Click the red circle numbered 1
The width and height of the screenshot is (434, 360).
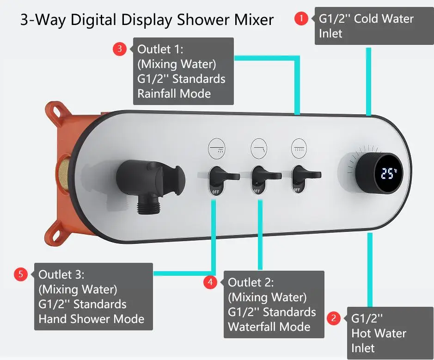pos(301,19)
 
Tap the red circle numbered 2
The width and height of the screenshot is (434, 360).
pos(333,318)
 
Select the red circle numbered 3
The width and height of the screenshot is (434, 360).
pos(120,49)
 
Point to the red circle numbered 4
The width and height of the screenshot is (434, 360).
pos(210,282)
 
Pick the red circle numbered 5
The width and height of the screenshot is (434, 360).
pos(21,274)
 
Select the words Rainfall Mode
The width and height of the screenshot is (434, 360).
pos(174,93)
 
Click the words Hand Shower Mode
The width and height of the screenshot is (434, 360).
pos(91,319)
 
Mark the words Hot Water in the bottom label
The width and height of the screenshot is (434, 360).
pos(379,333)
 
